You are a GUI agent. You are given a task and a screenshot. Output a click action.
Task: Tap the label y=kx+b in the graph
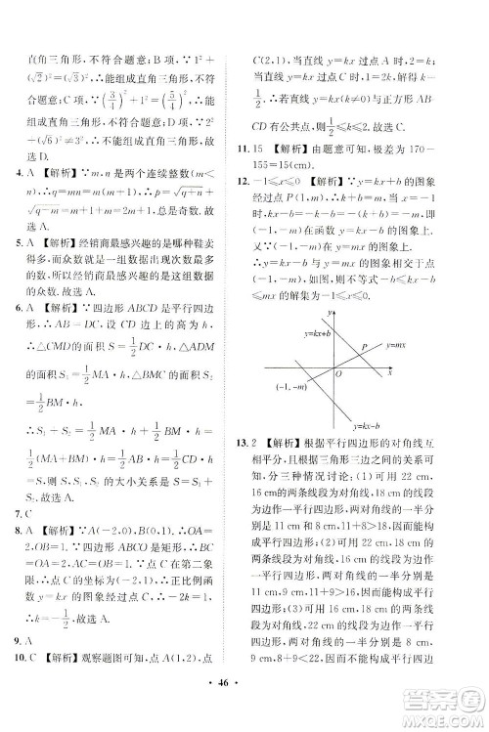point(277,333)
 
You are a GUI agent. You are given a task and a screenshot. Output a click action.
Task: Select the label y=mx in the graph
point(395,346)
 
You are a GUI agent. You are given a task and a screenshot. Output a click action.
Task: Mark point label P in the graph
point(364,347)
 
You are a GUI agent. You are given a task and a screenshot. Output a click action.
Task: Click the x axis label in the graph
point(389,372)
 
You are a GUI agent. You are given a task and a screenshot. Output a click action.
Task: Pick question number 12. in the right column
point(258,183)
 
